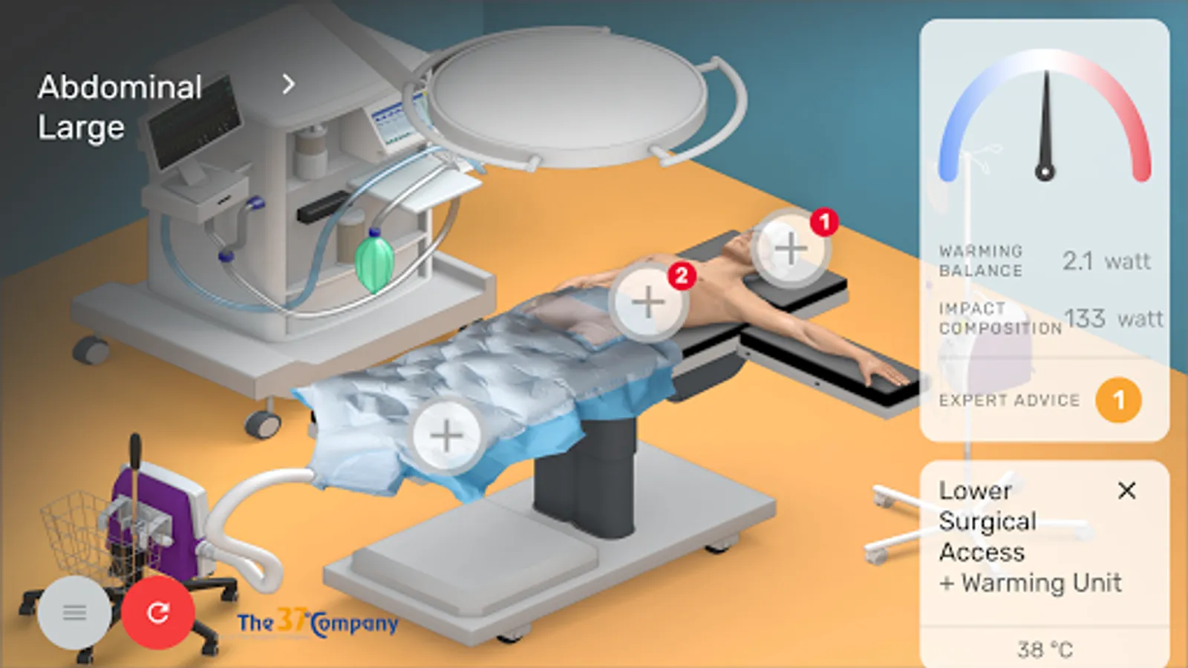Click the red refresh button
click(x=158, y=612)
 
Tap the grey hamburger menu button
click(x=75, y=613)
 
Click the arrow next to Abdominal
click(x=289, y=85)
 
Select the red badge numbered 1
click(x=824, y=222)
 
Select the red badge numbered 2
click(x=682, y=275)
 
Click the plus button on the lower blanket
click(x=446, y=435)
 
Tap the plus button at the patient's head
click(x=790, y=248)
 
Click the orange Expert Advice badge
click(x=1118, y=400)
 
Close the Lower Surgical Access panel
click(x=1126, y=491)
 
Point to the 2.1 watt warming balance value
click(x=1106, y=261)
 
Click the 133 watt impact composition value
click(x=1114, y=318)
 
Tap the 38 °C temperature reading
click(x=1045, y=649)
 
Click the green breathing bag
click(x=374, y=261)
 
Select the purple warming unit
click(x=159, y=523)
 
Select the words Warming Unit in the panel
click(x=1042, y=583)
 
